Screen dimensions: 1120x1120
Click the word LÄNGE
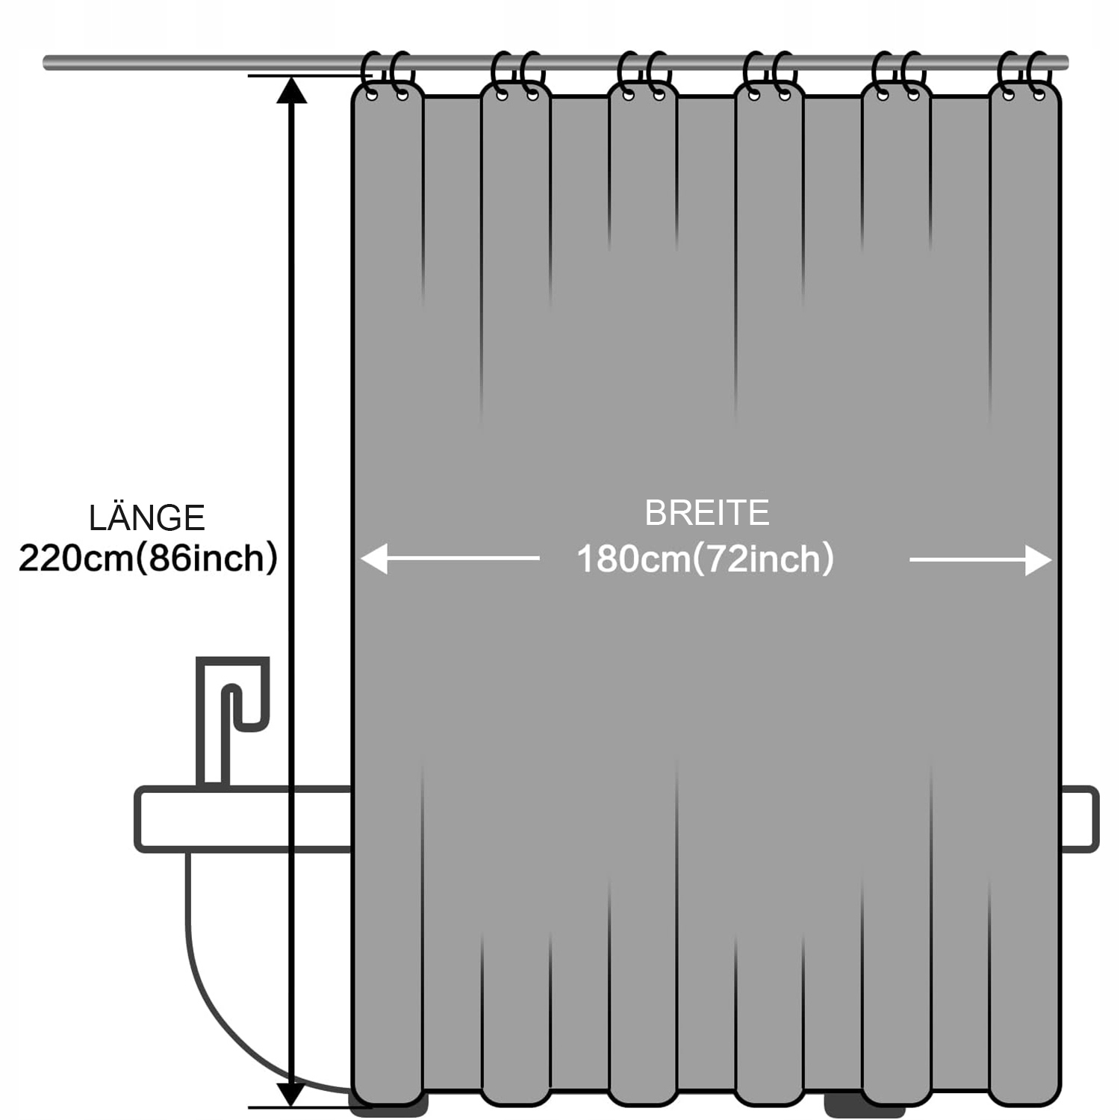coord(147,517)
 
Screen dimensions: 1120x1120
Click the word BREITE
coord(706,513)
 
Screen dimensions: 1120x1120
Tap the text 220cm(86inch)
coord(148,558)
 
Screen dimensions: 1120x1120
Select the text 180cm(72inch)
coord(705,559)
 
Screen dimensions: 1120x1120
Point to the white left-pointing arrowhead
coord(374,559)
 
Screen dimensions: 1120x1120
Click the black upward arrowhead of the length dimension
coord(292,90)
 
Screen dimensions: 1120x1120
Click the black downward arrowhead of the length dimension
coord(292,1094)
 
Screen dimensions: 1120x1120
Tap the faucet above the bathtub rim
coord(231,717)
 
